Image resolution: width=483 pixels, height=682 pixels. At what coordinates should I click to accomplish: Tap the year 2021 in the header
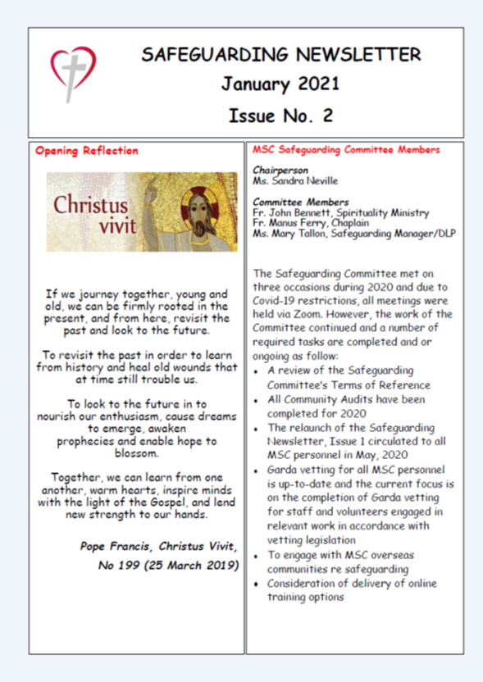click(310, 84)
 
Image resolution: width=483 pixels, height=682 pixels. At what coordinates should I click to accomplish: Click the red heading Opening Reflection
click(87, 151)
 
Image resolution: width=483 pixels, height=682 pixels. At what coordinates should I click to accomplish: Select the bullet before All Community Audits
click(257, 400)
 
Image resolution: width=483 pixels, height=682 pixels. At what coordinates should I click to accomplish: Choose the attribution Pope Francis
click(116, 545)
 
